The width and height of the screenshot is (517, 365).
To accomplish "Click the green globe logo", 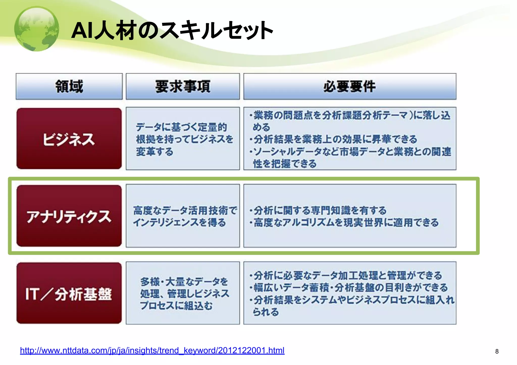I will click(x=37, y=29).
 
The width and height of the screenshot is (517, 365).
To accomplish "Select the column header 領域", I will click(x=69, y=87).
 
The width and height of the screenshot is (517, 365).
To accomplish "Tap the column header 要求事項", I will click(x=183, y=87).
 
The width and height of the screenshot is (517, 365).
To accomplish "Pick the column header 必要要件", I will click(x=350, y=87).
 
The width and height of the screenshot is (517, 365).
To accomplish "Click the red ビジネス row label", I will click(x=69, y=139).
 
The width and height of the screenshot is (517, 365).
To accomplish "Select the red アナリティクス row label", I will click(x=69, y=216).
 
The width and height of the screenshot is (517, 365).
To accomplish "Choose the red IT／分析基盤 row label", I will click(x=69, y=294).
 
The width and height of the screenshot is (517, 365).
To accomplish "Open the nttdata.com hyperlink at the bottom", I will click(x=152, y=350).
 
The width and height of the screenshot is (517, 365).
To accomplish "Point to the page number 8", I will click(x=497, y=351).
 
